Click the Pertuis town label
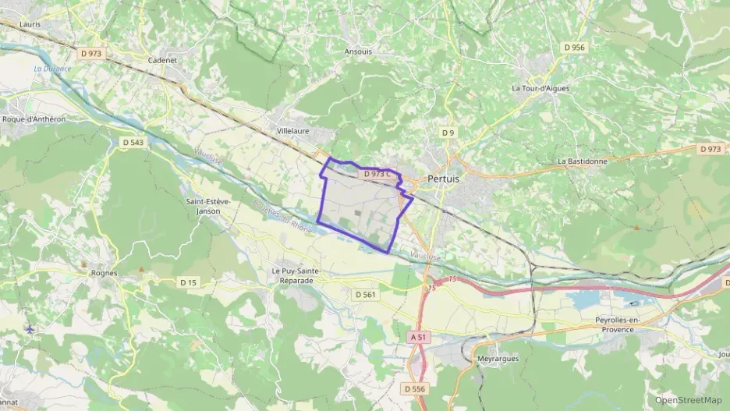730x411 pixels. [443, 179]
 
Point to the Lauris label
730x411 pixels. [30, 24]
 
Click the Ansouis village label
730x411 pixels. [358, 51]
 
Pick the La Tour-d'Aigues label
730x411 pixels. [540, 88]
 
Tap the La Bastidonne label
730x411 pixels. [583, 161]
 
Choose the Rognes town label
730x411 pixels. [104, 273]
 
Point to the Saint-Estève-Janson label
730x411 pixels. [208, 206]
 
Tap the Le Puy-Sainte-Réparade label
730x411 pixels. [296, 275]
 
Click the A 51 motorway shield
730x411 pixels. [418, 337]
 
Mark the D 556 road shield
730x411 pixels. [415, 388]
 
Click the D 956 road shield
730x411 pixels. [574, 48]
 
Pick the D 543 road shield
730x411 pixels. [133, 142]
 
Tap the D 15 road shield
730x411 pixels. [187, 282]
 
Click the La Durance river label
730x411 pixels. [52, 69]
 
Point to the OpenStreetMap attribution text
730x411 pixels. [688, 400]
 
